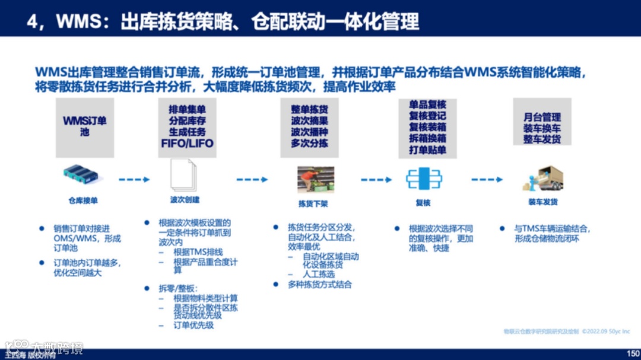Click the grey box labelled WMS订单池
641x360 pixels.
click(x=85, y=127)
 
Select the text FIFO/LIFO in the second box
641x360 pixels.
click(x=187, y=144)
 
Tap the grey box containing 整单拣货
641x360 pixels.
click(x=309, y=127)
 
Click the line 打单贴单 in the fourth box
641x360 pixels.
click(x=427, y=149)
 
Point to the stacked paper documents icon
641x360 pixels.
click(x=184, y=176)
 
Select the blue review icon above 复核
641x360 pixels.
click(x=424, y=179)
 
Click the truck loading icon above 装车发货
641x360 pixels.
click(x=542, y=178)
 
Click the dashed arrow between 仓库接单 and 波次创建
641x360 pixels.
click(x=134, y=179)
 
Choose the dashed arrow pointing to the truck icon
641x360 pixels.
click(x=487, y=179)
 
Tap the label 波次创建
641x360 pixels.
click(x=185, y=200)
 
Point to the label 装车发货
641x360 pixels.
click(x=542, y=202)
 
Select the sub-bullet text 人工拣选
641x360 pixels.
click(x=319, y=275)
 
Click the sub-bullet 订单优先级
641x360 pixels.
click(x=193, y=325)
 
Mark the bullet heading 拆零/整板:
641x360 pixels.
click(x=176, y=288)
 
